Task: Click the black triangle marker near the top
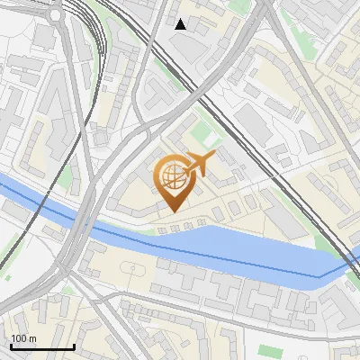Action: click(180, 24)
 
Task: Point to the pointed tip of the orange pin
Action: click(172, 211)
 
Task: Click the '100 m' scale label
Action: click(23, 338)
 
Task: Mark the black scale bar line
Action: click(42, 346)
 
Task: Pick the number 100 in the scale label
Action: click(19, 338)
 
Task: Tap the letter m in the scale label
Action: click(32, 338)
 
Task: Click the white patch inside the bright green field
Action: click(210, 139)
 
